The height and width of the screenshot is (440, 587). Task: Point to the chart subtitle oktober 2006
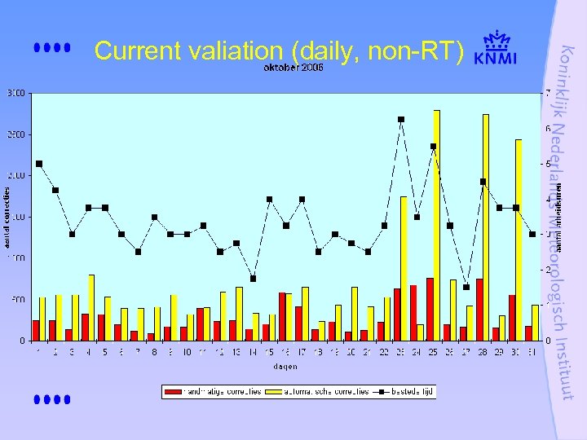click(x=293, y=68)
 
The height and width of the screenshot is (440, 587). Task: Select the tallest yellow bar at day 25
click(x=437, y=224)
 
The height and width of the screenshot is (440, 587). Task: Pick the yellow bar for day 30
click(x=519, y=240)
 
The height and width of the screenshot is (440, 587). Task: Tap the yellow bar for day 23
click(x=404, y=268)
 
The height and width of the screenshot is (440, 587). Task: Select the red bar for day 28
click(x=479, y=310)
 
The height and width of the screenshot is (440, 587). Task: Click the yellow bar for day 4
click(x=92, y=307)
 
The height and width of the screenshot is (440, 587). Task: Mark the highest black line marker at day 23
click(x=401, y=120)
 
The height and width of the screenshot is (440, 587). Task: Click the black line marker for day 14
click(x=253, y=279)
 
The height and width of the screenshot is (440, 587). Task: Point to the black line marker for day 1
click(x=39, y=164)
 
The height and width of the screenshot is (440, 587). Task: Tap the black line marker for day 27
click(x=466, y=287)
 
